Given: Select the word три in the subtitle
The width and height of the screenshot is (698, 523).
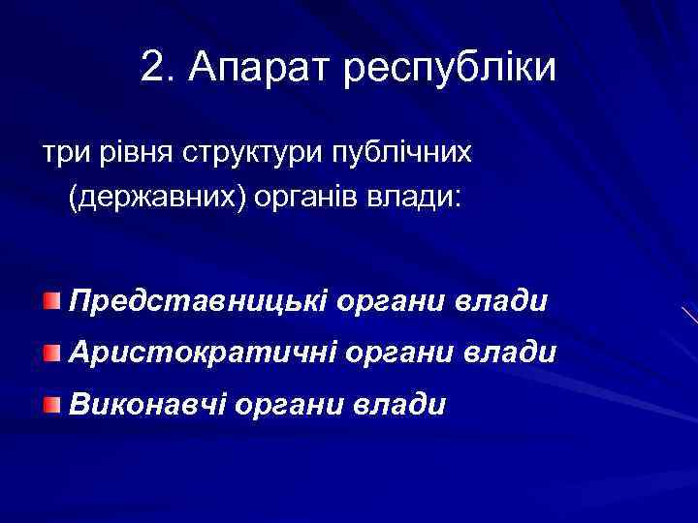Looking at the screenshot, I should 61,154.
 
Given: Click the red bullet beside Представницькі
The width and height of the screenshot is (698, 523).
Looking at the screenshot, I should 50,300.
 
